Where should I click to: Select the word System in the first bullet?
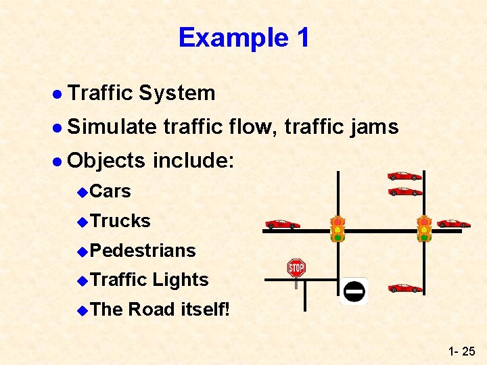[177, 93]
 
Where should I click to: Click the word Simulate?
[112, 126]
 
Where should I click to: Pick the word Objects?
[107, 160]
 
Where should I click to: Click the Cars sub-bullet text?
[110, 191]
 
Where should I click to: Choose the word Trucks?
[120, 220]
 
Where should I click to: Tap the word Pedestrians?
[143, 250]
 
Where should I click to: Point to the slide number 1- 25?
[461, 351]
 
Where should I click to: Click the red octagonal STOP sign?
[296, 268]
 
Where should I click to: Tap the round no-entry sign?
[354, 291]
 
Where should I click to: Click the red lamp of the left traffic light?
[338, 222]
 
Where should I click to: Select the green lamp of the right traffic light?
[424, 237]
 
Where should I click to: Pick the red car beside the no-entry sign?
[405, 289]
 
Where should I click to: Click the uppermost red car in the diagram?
[404, 176]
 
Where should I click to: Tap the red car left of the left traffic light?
[283, 224]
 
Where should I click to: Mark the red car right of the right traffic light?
[453, 224]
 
